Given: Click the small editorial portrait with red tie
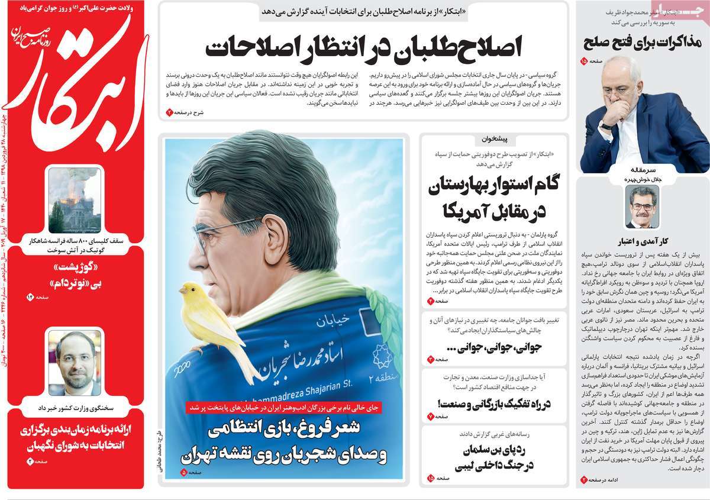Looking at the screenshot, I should [642, 207].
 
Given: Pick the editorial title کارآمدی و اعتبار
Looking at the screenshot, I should [642, 241].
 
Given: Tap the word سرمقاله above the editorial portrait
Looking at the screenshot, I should [642, 169].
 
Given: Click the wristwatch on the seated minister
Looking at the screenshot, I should [606, 125].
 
